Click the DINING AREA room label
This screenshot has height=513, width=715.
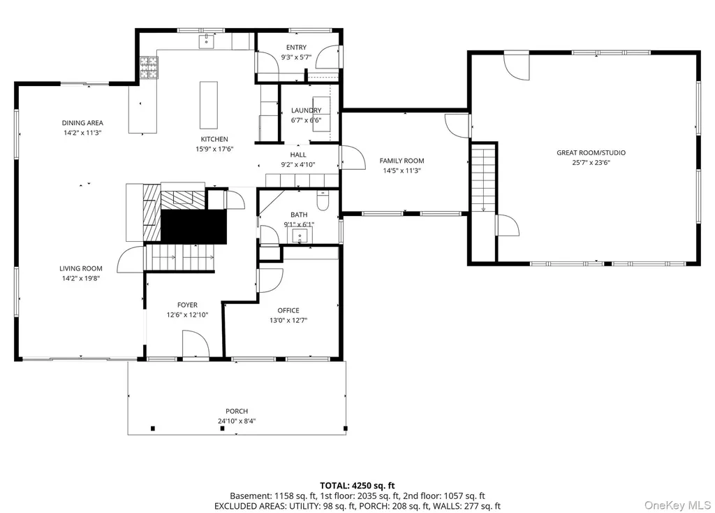coord(82,123)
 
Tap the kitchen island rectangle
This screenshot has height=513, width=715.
coord(208,105)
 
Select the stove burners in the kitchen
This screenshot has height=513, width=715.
coord(149,68)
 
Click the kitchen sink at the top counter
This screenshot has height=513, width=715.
coord(207,41)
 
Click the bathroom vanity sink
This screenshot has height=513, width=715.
coord(300,236)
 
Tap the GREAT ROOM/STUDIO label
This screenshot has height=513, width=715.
coord(591,153)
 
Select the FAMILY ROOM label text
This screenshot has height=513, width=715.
coord(401,161)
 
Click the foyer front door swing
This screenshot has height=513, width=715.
coord(196,344)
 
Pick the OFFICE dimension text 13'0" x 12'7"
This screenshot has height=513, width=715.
coord(288,320)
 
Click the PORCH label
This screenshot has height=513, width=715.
coord(237,411)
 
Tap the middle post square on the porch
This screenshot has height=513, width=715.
coord(222,428)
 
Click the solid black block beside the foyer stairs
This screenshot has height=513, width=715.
coord(194,227)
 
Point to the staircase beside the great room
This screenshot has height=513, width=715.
coord(483,178)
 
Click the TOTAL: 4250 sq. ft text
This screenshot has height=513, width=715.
coord(357,486)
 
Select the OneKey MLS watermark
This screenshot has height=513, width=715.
coord(677,505)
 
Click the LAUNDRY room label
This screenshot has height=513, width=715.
coord(307,110)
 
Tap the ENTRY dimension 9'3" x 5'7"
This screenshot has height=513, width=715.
coord(296,57)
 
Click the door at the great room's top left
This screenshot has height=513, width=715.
coord(516,67)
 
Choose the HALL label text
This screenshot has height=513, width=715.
coord(298,154)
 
